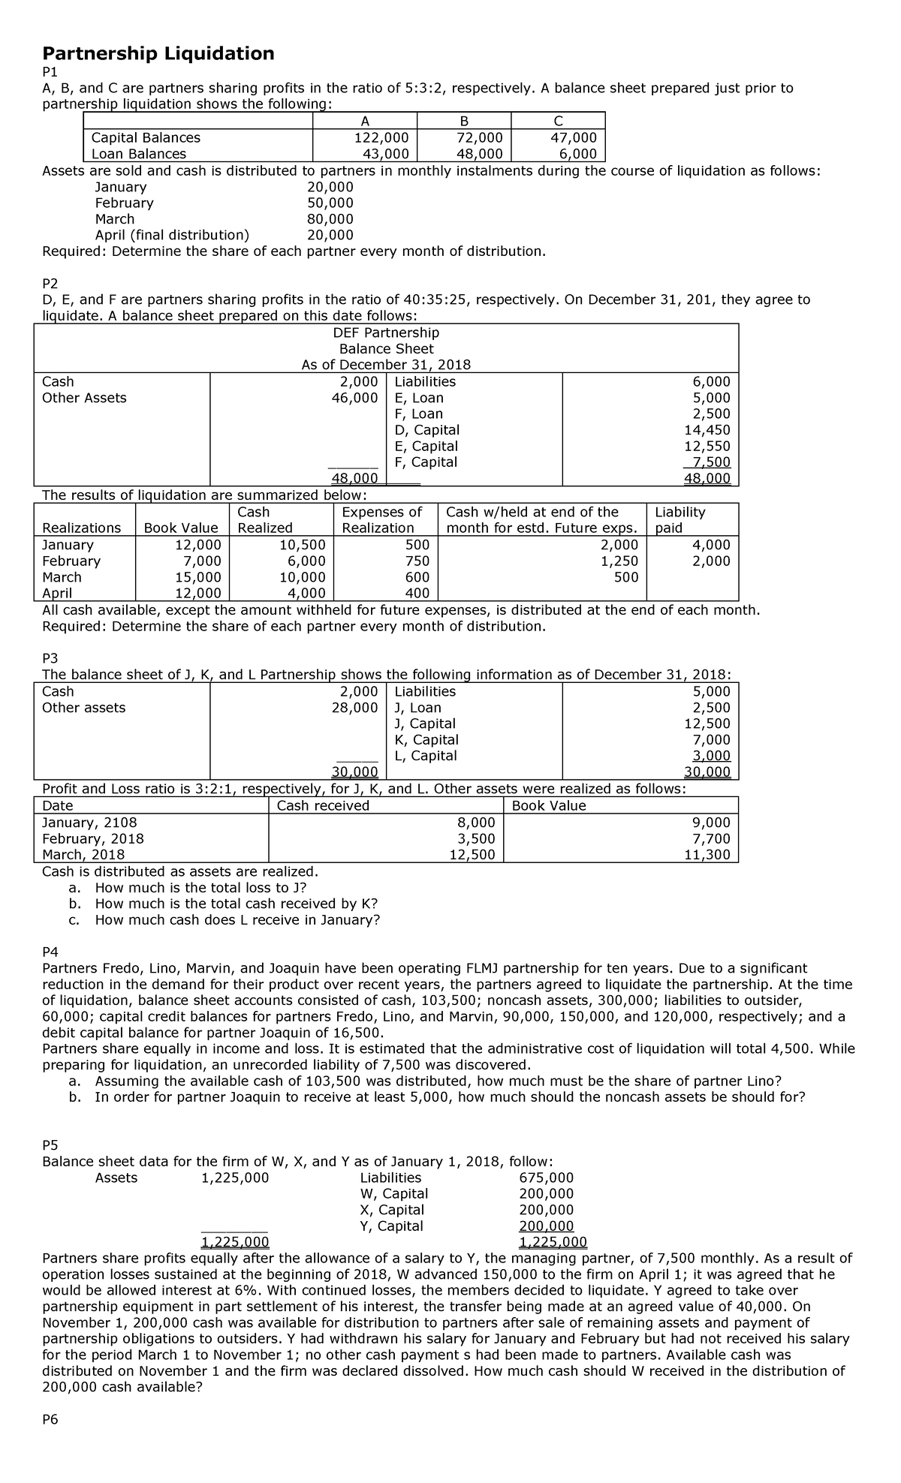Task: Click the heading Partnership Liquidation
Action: click(158, 53)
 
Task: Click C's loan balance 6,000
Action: click(578, 154)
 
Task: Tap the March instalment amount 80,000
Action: click(330, 219)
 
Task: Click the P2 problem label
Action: click(50, 283)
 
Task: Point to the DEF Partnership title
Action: click(386, 332)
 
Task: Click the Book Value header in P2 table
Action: click(182, 528)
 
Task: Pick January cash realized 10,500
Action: click(302, 545)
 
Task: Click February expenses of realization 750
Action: click(417, 561)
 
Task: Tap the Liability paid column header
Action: click(680, 520)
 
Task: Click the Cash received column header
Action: click(324, 806)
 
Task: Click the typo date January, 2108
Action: click(89, 823)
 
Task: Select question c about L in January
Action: click(237, 920)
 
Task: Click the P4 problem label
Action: click(50, 952)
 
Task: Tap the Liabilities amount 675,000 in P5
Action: click(547, 1178)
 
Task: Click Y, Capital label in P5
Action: click(391, 1226)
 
